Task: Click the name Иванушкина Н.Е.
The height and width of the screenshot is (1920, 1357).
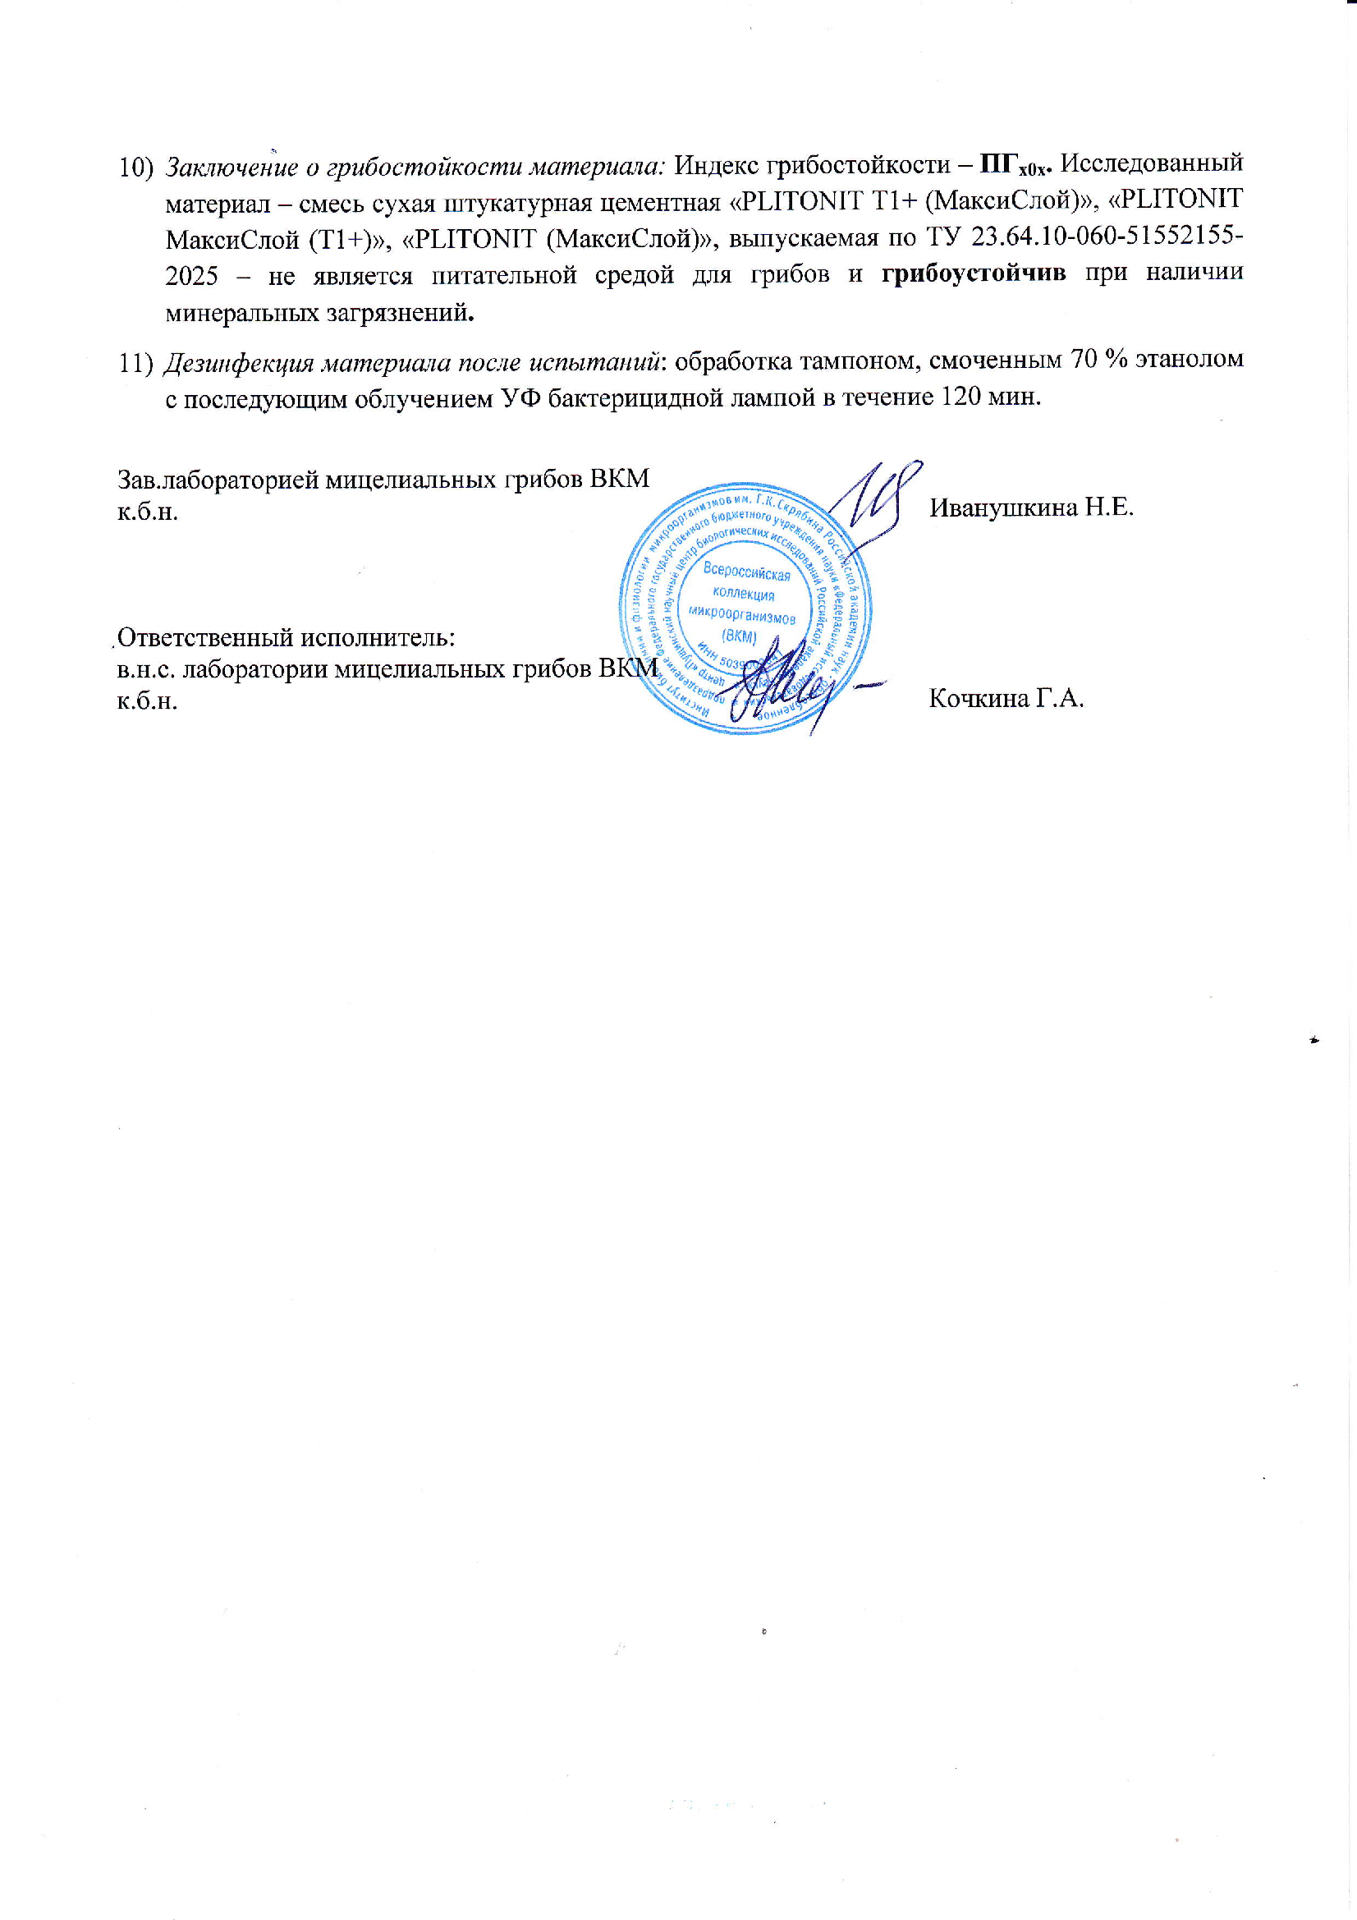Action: (1031, 507)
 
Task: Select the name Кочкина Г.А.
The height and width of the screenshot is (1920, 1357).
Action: (1006, 698)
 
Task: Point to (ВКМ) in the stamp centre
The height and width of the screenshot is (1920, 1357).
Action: (739, 636)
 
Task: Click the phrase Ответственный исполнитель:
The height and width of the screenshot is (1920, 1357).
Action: (285, 638)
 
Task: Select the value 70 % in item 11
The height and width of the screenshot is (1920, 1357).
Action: (1084, 361)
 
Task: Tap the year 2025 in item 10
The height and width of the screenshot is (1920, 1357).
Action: (192, 275)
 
